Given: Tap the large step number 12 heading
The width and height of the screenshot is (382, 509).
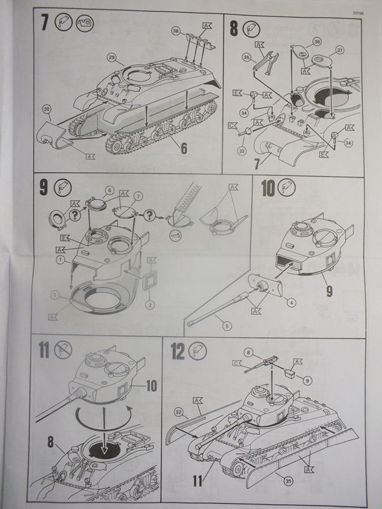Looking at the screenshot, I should click(178, 352).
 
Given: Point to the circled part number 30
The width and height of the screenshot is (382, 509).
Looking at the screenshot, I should click(46, 109).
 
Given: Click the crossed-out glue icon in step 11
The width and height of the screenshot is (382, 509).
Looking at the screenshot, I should click(64, 350).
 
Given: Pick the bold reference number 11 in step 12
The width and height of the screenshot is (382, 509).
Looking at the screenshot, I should click(197, 480).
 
